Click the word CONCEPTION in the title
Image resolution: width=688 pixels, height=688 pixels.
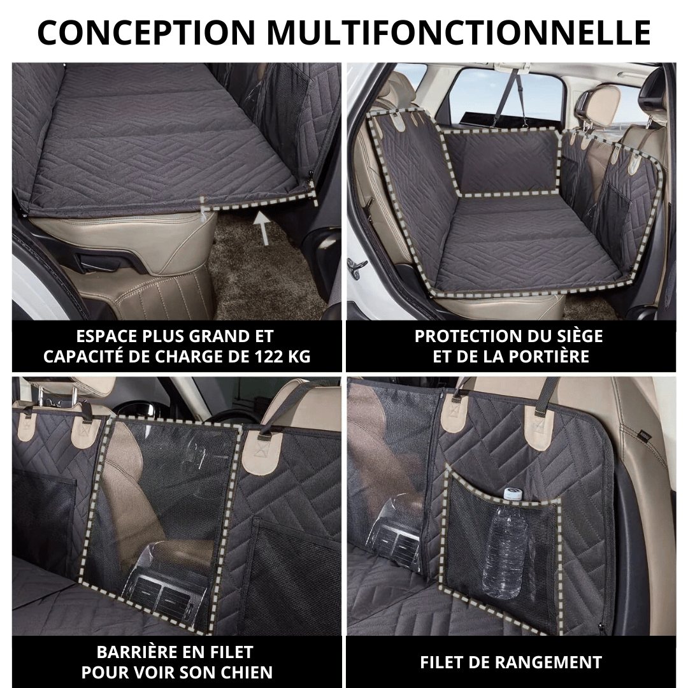pos(147,32)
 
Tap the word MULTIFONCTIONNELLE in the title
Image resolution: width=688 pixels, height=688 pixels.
pos(459,32)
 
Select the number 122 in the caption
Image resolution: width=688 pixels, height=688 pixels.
pos(262,356)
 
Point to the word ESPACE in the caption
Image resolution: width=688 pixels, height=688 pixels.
pos(103,336)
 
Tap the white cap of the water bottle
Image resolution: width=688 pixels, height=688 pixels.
pos(512,494)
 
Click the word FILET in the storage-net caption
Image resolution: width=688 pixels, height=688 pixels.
pos(441,662)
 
